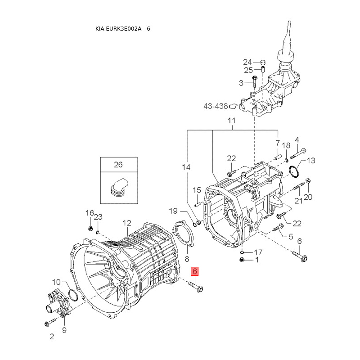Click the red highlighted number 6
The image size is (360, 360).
(194, 271)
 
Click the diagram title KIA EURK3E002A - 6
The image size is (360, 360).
(122, 29)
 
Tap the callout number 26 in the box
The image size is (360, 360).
(118, 165)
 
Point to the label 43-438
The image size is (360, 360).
(216, 106)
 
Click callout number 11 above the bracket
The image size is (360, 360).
(231, 121)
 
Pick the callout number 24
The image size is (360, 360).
(247, 62)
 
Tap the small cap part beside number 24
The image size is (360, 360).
(263, 62)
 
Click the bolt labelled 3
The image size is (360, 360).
(254, 81)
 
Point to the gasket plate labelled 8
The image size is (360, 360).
(183, 234)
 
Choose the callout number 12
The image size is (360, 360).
(127, 223)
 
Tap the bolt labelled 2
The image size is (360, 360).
(50, 322)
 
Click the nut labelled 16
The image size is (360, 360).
(90, 228)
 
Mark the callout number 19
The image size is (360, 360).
(173, 211)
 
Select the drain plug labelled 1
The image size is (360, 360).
(241, 260)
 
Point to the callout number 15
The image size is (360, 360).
(197, 190)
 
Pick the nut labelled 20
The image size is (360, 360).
(308, 180)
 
